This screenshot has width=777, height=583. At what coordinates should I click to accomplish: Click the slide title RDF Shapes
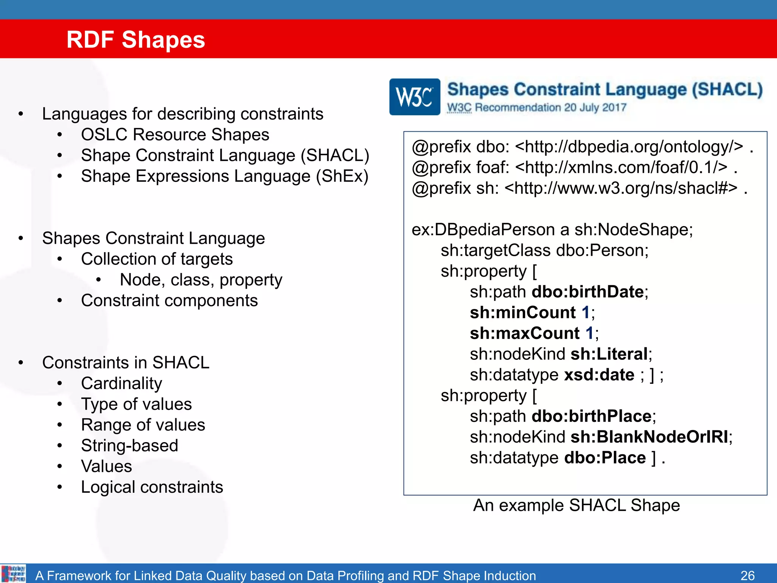click(135, 39)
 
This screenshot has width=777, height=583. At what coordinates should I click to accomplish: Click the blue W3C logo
click(415, 97)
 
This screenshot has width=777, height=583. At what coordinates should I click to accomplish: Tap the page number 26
click(747, 575)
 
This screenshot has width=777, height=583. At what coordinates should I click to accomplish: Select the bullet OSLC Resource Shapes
click(175, 135)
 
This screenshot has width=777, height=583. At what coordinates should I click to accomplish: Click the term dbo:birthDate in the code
click(588, 292)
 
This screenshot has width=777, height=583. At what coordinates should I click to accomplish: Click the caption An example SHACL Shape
click(576, 505)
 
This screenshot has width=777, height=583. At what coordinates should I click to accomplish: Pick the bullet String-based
click(129, 446)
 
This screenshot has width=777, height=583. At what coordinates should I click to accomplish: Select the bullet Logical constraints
click(152, 487)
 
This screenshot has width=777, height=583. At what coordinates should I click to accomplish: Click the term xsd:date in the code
click(599, 375)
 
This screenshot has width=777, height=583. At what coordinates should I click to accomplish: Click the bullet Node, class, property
click(201, 280)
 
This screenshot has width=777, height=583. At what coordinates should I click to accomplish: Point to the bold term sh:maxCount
click(524, 333)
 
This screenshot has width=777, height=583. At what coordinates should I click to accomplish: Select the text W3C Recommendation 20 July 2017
click(536, 108)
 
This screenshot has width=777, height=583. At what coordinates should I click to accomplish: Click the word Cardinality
click(121, 383)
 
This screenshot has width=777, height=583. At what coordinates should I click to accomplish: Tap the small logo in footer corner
click(13, 574)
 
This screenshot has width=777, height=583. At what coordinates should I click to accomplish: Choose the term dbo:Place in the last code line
click(605, 458)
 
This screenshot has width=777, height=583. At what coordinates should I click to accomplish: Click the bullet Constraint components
click(169, 301)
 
